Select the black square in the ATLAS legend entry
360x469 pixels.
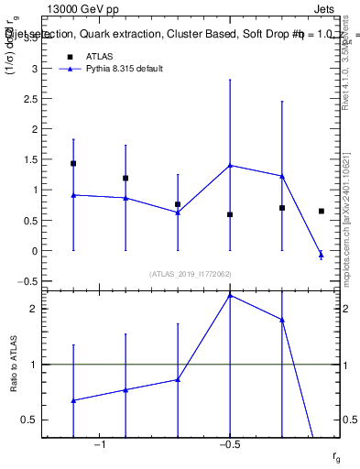pyautogui.click(x=70, y=56)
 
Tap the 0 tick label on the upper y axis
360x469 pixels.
pyautogui.click(x=34, y=250)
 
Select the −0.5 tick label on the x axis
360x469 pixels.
pyautogui.click(x=227, y=444)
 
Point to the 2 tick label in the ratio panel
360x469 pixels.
pyautogui.click(x=33, y=309)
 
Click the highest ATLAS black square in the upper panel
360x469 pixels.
pyautogui.click(x=73, y=164)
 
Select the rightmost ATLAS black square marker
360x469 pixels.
pyautogui.click(x=321, y=211)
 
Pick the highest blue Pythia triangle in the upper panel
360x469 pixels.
pyautogui.click(x=230, y=165)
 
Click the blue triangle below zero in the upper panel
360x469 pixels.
pyautogui.click(x=321, y=254)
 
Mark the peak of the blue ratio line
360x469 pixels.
pyautogui.click(x=230, y=295)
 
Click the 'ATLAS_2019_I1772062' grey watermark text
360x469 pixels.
pyautogui.click(x=191, y=273)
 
